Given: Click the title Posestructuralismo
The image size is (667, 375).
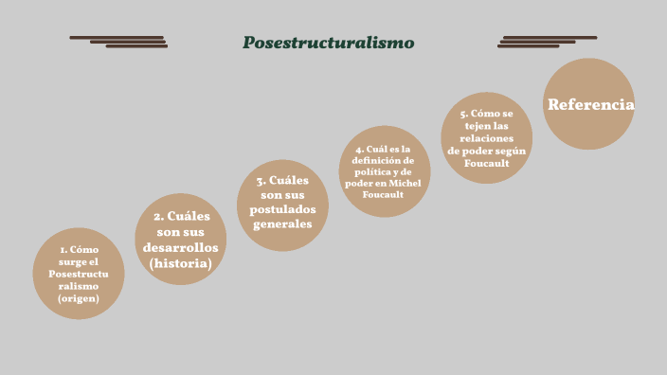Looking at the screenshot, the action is point(328,43).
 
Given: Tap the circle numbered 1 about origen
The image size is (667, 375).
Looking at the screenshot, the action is point(79,274).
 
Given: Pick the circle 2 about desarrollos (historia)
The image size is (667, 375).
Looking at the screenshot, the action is point(180,240).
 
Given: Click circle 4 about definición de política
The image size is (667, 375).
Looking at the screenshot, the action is point(385,171).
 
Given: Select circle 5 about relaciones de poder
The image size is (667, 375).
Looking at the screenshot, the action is point(486,138).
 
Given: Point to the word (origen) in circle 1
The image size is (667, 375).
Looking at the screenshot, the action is point(79,298).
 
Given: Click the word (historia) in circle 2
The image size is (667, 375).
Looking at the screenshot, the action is point(180,263).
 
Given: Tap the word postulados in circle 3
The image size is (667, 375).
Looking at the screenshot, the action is point(282,209).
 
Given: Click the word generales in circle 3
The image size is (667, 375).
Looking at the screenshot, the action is point(282,224).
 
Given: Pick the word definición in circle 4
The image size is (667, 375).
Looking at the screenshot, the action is point(383,160).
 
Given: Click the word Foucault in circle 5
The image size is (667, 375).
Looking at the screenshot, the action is point(487,163).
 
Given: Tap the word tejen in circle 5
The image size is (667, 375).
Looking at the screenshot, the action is point(470,126).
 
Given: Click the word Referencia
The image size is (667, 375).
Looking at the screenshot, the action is point(590,105).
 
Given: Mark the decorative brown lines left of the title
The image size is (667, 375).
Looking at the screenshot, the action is point(118,42).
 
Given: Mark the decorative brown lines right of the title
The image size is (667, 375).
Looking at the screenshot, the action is point(547,42).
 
